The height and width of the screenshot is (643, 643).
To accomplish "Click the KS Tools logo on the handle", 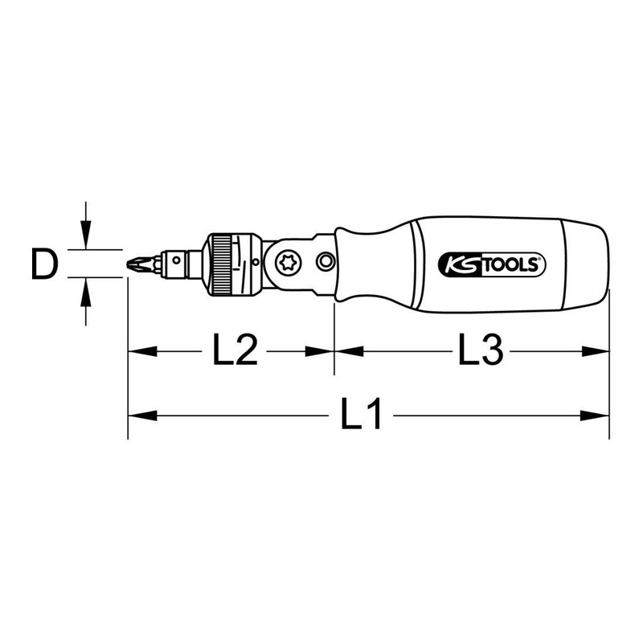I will tap(492, 264).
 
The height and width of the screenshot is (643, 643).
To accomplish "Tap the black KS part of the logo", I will tap(458, 264).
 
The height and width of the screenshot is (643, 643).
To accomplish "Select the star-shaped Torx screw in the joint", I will tap(285, 261).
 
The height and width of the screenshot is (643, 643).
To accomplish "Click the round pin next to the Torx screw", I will tap(326, 261).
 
